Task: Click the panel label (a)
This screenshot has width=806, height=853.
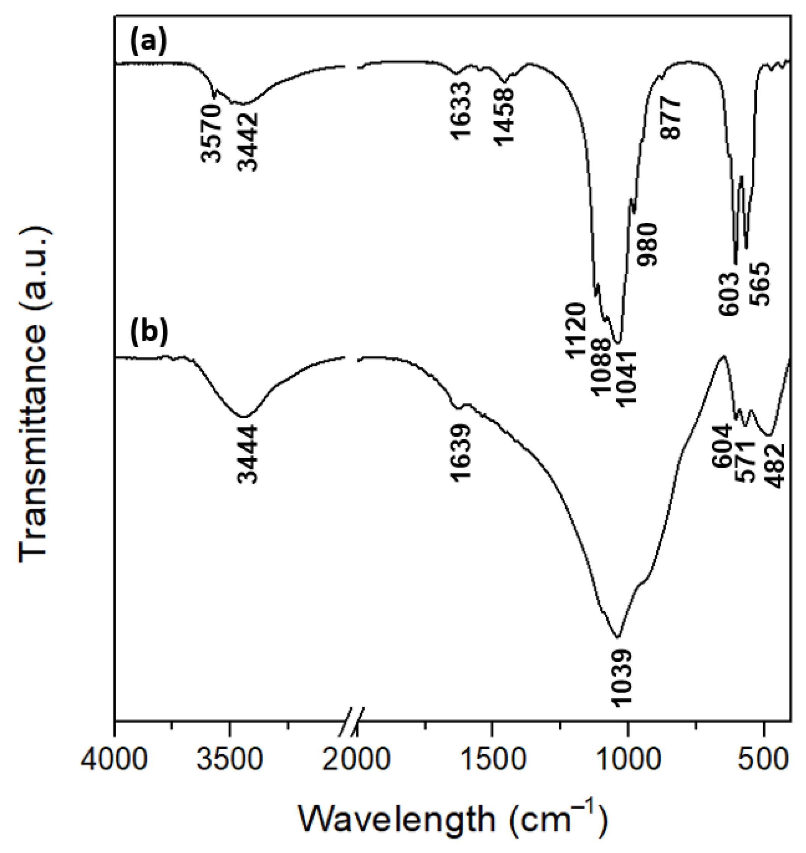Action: pos(148,44)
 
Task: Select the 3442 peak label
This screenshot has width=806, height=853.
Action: pos(248,141)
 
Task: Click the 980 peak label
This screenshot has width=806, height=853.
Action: pos(647,244)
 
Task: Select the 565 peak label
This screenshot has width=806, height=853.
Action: pos(760,284)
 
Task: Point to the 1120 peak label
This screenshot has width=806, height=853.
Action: pos(575,330)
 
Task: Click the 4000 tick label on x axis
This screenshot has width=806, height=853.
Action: pos(114,759)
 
